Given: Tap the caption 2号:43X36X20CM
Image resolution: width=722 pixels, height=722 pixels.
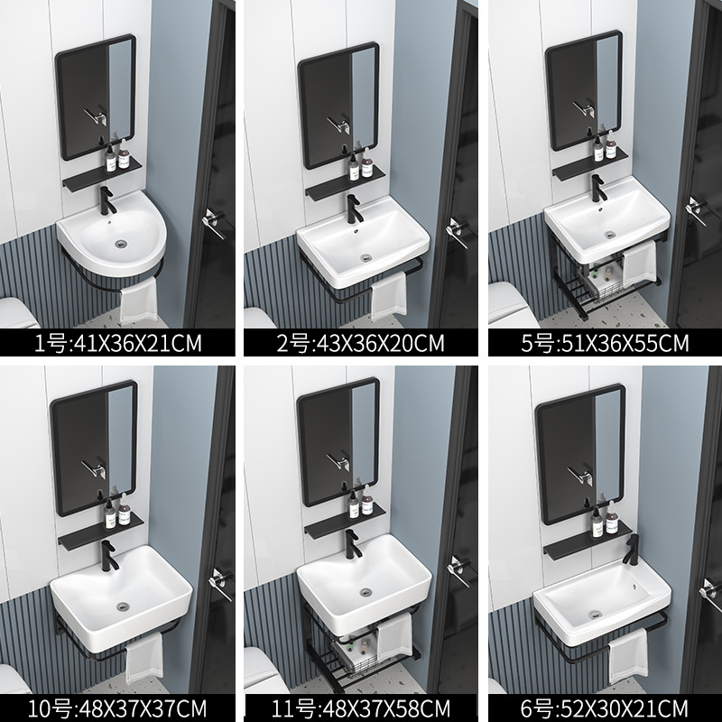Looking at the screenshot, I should (x=361, y=344).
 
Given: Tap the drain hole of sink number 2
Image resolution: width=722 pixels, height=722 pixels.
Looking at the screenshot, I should (x=365, y=257).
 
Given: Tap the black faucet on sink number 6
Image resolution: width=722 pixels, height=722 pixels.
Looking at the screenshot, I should (x=631, y=549).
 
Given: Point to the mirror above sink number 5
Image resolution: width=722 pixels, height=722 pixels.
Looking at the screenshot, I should (x=583, y=90).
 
